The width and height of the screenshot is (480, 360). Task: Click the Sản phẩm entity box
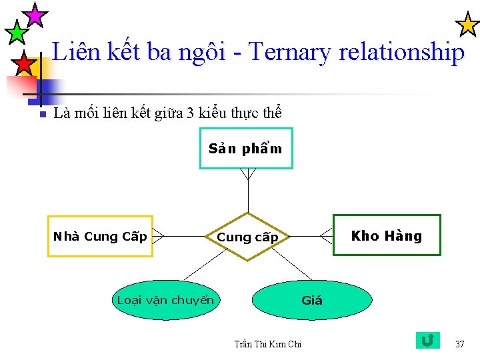click(246, 148)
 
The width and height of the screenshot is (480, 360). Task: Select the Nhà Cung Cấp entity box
click(100, 236)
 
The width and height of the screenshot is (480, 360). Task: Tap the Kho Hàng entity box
click(387, 235)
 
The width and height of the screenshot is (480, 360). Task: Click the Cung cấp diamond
click(248, 237)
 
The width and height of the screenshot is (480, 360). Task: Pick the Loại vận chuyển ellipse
click(165, 300)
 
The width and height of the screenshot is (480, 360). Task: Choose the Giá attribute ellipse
click(311, 300)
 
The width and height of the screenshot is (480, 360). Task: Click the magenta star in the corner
click(35, 14)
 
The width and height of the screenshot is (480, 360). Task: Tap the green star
click(15, 31)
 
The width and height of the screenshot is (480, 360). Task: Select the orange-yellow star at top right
click(467, 25)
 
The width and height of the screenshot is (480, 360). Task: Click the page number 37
click(459, 344)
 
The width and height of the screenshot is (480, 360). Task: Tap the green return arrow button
click(427, 341)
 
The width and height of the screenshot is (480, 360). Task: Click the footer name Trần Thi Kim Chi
click(268, 344)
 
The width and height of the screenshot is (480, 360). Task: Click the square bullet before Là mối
click(41, 115)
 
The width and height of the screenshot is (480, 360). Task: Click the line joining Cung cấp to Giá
click(289, 266)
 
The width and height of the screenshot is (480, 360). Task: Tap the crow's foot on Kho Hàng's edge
click(326, 235)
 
